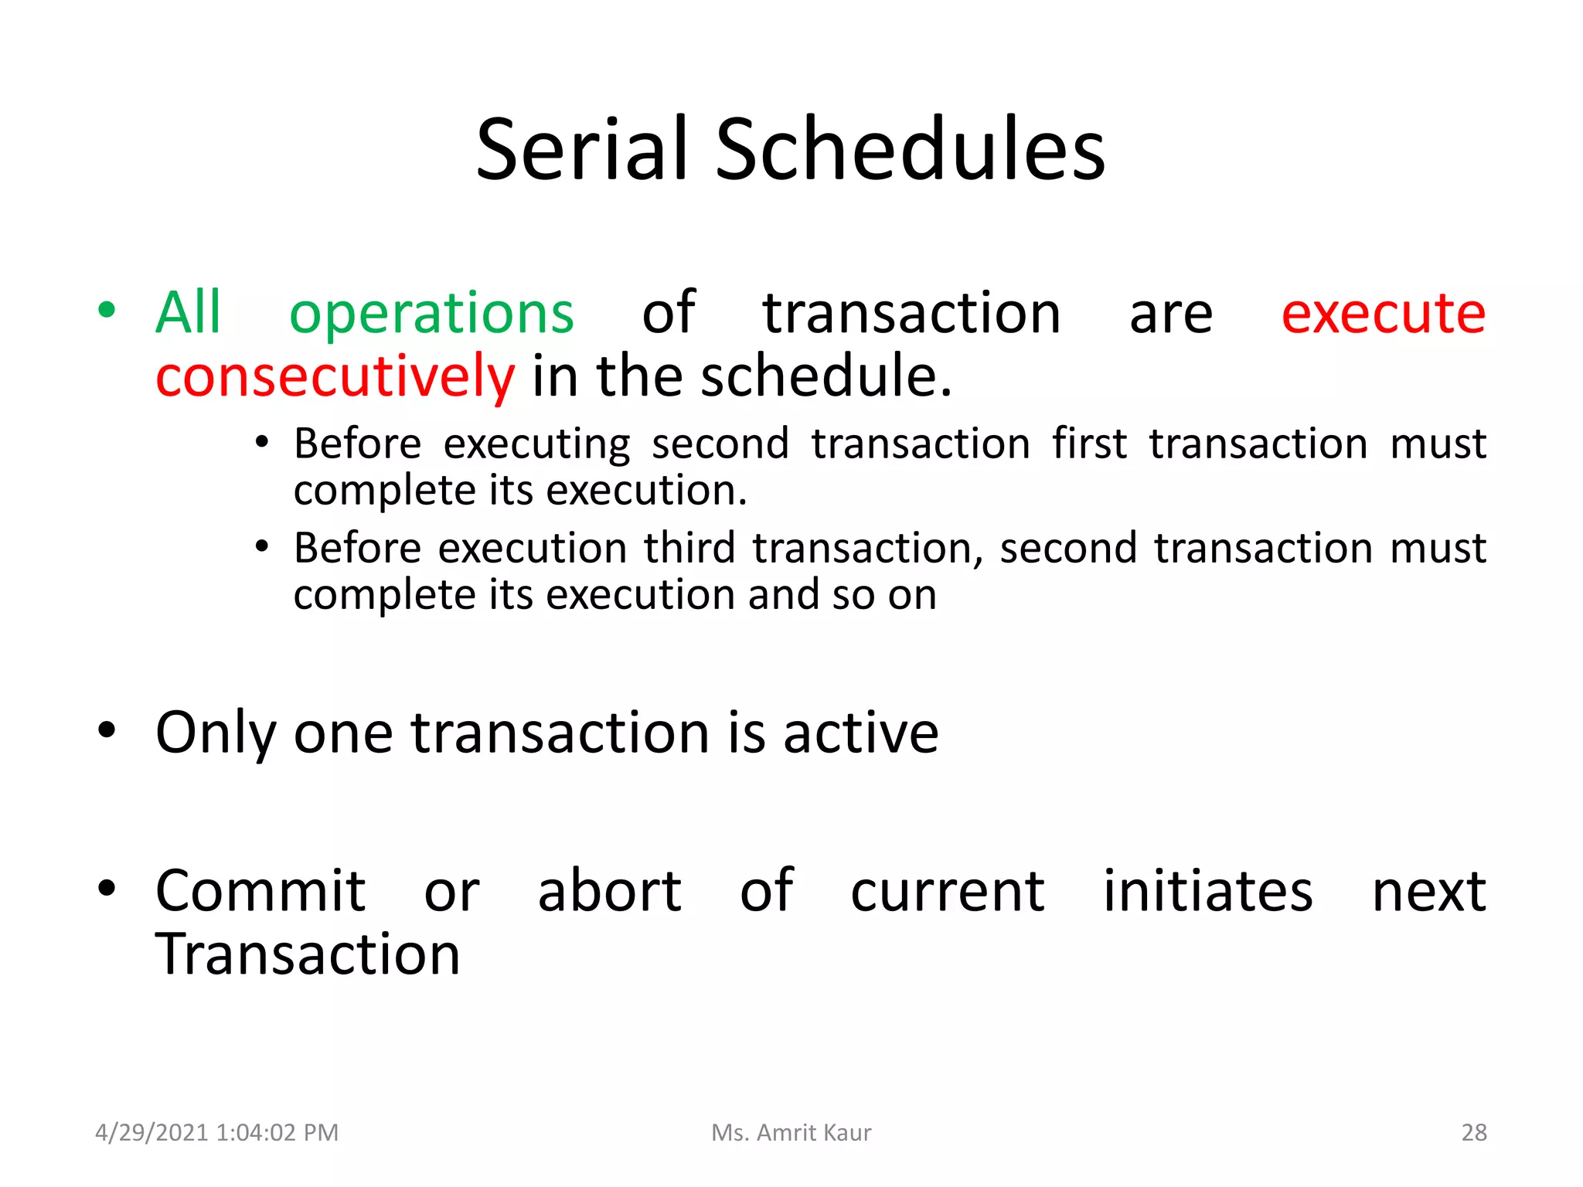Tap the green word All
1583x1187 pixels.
188,312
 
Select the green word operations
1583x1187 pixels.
431,314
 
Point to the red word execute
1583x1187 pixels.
1383,314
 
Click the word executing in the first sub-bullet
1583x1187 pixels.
536,445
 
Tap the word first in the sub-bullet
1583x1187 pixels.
1088,444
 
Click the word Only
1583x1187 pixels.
215,733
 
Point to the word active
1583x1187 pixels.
861,733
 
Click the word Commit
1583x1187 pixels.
260,891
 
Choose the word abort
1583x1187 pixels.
609,891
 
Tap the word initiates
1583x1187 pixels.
1207,891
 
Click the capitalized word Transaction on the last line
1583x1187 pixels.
308,954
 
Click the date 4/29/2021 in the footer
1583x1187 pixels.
151,1132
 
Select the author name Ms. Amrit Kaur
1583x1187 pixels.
791,1132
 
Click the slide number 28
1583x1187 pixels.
1473,1132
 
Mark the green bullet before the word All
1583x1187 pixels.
107,311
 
